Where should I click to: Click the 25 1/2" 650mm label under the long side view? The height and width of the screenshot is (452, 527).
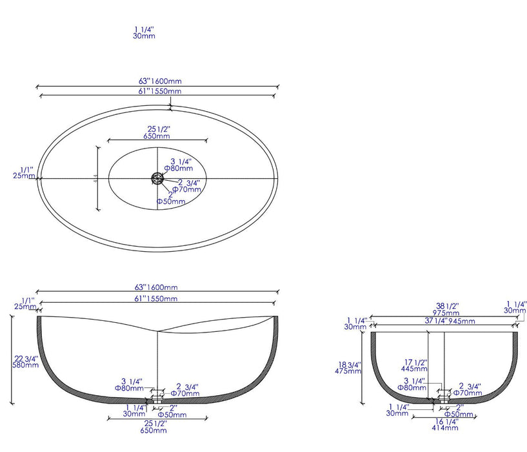coord(157,426)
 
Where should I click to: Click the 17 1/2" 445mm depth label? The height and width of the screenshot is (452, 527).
coord(412,365)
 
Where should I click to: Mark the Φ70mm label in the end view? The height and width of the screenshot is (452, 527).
coord(467,392)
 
